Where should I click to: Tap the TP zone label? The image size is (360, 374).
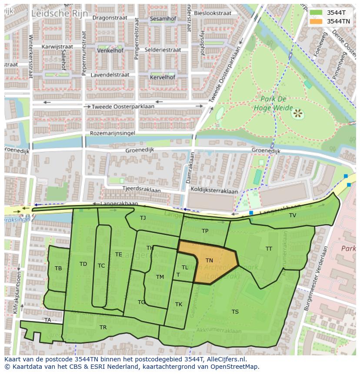[205, 231]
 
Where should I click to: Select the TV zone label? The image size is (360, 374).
[293, 215]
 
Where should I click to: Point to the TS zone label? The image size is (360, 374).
[235, 312]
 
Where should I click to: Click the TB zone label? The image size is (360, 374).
[58, 268]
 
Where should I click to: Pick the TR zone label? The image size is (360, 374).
[103, 328]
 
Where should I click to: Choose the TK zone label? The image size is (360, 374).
[179, 304]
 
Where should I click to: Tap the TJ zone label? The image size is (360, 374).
[143, 218]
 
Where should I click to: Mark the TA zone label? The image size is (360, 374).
[47, 320]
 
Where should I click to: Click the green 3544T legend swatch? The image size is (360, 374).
[317, 13]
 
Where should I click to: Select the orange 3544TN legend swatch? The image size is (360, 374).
[317, 21]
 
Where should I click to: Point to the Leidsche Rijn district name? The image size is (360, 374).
[59, 14]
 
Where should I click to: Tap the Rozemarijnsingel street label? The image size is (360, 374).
[112, 133]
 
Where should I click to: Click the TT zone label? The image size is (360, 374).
[269, 249]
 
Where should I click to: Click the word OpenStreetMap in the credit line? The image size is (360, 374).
[232, 367]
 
